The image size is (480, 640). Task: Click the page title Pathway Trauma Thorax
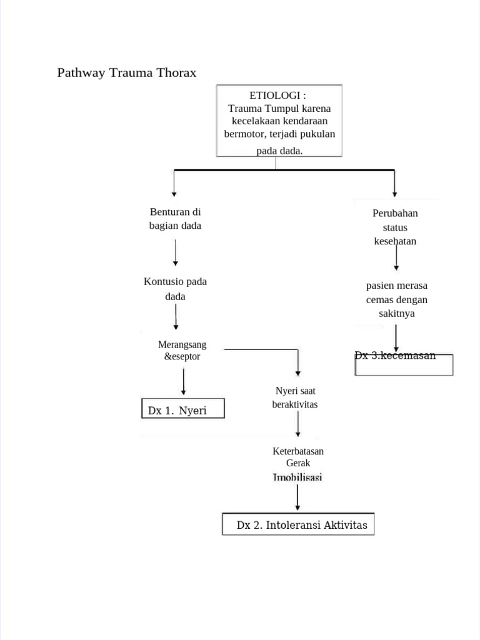point(127,73)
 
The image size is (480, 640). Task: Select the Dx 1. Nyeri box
point(182,410)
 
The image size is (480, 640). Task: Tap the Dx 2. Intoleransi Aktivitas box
point(299,525)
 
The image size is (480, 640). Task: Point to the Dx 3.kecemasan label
point(396,356)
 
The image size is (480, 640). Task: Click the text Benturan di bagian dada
point(175,219)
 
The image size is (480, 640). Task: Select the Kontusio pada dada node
point(175,289)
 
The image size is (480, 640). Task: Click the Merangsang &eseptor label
point(182,351)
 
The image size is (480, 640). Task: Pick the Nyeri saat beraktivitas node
point(295,397)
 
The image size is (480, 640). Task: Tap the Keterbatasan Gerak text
point(298,457)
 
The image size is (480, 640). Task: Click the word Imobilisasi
point(297,477)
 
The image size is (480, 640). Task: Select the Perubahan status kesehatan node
point(395,227)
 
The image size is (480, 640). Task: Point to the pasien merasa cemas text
point(397,292)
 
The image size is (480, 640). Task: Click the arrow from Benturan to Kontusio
point(176,252)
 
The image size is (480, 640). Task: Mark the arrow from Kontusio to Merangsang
point(176,317)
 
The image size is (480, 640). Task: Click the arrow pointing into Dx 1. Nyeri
point(183,381)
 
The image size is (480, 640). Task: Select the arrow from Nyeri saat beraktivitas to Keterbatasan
point(298,424)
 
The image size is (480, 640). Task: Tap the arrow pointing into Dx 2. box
point(297,497)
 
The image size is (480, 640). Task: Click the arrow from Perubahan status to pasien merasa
point(396,257)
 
